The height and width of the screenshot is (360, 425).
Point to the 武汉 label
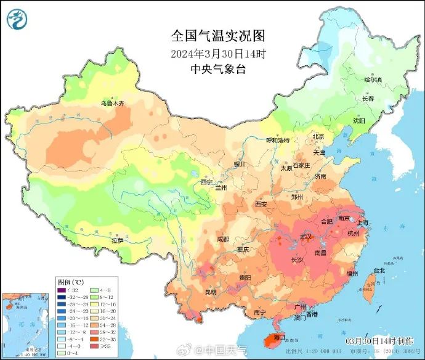(x=306, y=237)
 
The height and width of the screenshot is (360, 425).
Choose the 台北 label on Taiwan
(x=378, y=270)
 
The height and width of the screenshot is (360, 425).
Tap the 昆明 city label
(x=211, y=292)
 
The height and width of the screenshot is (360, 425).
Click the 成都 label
(x=222, y=239)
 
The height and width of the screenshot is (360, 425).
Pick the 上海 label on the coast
(x=363, y=223)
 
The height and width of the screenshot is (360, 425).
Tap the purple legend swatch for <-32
(x=61, y=290)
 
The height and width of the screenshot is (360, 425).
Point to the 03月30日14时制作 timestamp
(x=373, y=341)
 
